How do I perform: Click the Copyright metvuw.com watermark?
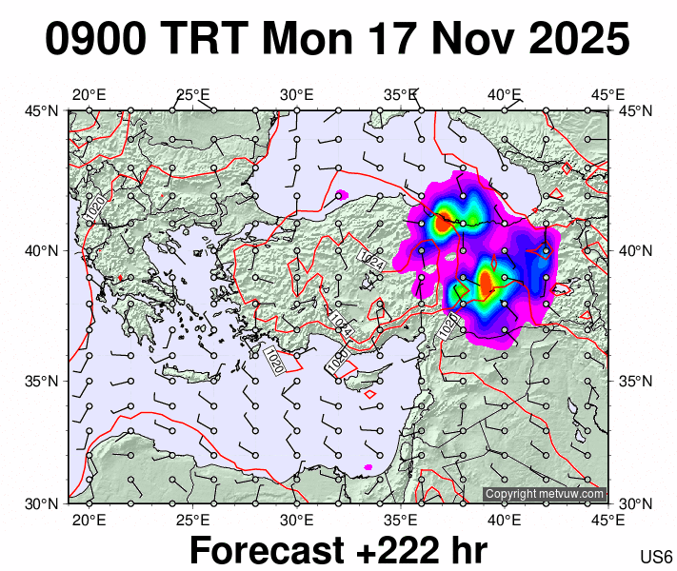[544, 494]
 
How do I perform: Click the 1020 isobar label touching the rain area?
[449, 325]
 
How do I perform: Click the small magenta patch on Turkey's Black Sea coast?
[342, 195]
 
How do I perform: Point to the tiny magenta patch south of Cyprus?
[368, 466]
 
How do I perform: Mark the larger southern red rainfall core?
[486, 283]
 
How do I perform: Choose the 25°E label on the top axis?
[192, 94]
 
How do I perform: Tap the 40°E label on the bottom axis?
[504, 520]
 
